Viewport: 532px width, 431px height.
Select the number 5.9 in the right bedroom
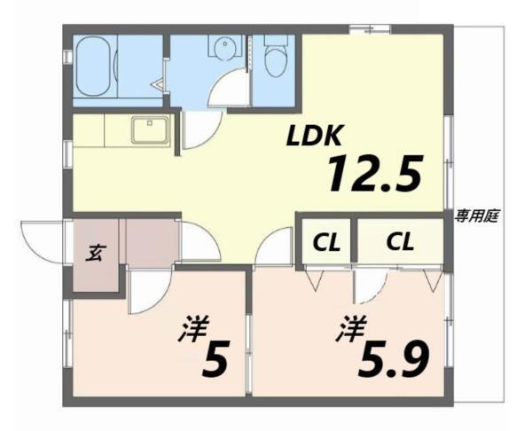click(x=395, y=357)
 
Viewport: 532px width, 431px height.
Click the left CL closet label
click(x=325, y=241)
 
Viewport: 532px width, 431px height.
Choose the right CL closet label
click(x=398, y=240)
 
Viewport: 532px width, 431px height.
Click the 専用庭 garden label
click(x=476, y=215)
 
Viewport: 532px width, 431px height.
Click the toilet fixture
click(x=277, y=58)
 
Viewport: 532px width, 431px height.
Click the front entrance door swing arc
click(x=38, y=238)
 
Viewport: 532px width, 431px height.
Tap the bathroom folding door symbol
click(x=159, y=86)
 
